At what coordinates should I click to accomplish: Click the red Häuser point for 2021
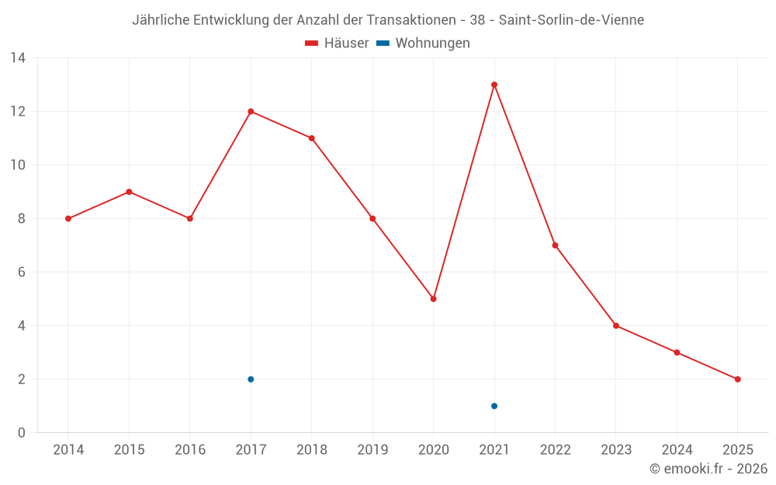[x=494, y=85]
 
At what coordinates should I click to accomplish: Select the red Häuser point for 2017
[x=251, y=111]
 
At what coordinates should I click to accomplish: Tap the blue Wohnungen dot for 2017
[x=251, y=379]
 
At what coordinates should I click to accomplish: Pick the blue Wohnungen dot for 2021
[x=494, y=406]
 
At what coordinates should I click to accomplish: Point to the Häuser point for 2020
[x=433, y=299]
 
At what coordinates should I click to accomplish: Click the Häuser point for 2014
[x=68, y=219]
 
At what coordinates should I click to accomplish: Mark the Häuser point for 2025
[x=737, y=379]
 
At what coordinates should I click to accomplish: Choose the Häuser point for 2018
[x=311, y=138]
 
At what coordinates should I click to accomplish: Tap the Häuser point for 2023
[x=616, y=326]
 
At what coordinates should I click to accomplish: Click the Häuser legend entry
[x=338, y=43]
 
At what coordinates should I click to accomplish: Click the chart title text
[x=388, y=20]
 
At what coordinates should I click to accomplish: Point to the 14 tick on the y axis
[x=18, y=57]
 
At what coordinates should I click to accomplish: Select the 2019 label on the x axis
[x=372, y=450]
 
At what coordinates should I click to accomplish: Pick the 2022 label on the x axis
[x=555, y=450]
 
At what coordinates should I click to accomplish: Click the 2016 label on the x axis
[x=190, y=450]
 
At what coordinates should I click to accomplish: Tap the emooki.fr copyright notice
[x=708, y=469]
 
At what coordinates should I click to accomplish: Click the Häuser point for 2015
[x=129, y=192]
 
